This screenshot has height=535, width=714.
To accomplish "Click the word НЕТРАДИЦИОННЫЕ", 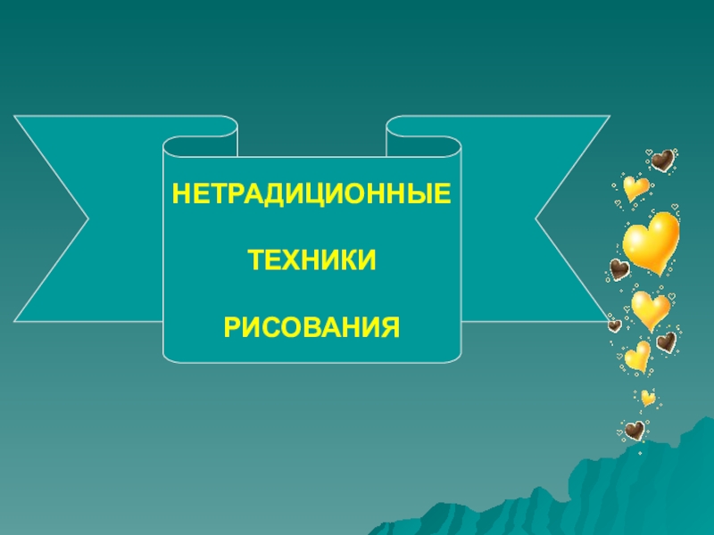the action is (311, 193).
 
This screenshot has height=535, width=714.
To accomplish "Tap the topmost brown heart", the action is (661, 160).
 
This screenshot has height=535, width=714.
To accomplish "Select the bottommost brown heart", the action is (635, 432).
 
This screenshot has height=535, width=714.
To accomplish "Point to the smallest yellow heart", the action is (648, 398).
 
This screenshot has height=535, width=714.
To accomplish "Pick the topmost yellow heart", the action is (635, 187).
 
